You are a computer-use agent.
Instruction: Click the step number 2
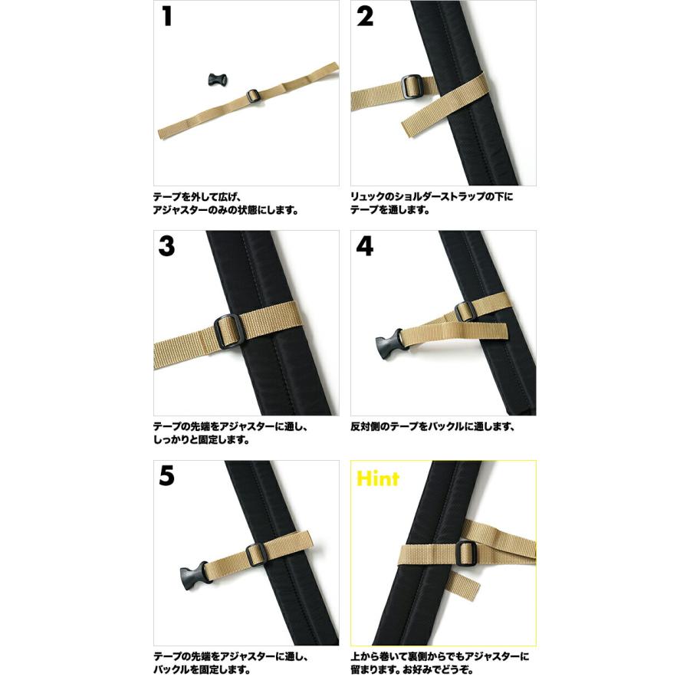[x=366, y=17]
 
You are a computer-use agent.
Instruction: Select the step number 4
[x=366, y=246]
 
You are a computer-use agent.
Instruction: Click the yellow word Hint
[x=378, y=479]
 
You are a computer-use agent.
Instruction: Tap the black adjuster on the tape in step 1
[x=254, y=97]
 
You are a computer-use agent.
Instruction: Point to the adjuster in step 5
[x=256, y=552]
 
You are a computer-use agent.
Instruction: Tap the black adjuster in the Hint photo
[x=465, y=550]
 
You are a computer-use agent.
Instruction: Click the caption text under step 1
[x=227, y=202]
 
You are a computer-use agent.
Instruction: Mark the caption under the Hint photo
[x=441, y=663]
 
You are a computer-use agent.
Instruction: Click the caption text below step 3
[x=230, y=433]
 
